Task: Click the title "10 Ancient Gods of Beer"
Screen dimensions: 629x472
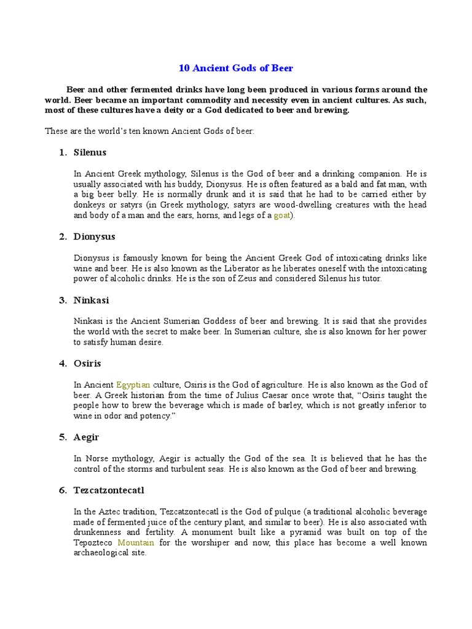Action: [235, 68]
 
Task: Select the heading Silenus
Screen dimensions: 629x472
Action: [90, 152]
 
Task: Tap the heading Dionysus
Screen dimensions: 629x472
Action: [94, 236]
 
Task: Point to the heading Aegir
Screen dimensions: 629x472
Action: [86, 437]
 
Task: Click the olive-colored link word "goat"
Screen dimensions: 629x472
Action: [282, 215]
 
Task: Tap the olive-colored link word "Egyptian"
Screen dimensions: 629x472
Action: [133, 385]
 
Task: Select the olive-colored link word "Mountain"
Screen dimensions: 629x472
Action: [135, 543]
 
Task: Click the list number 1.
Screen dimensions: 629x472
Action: [62, 152]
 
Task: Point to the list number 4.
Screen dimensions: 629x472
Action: [62, 363]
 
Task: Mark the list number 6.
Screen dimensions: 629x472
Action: [62, 490]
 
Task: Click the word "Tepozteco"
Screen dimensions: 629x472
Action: [94, 543]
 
